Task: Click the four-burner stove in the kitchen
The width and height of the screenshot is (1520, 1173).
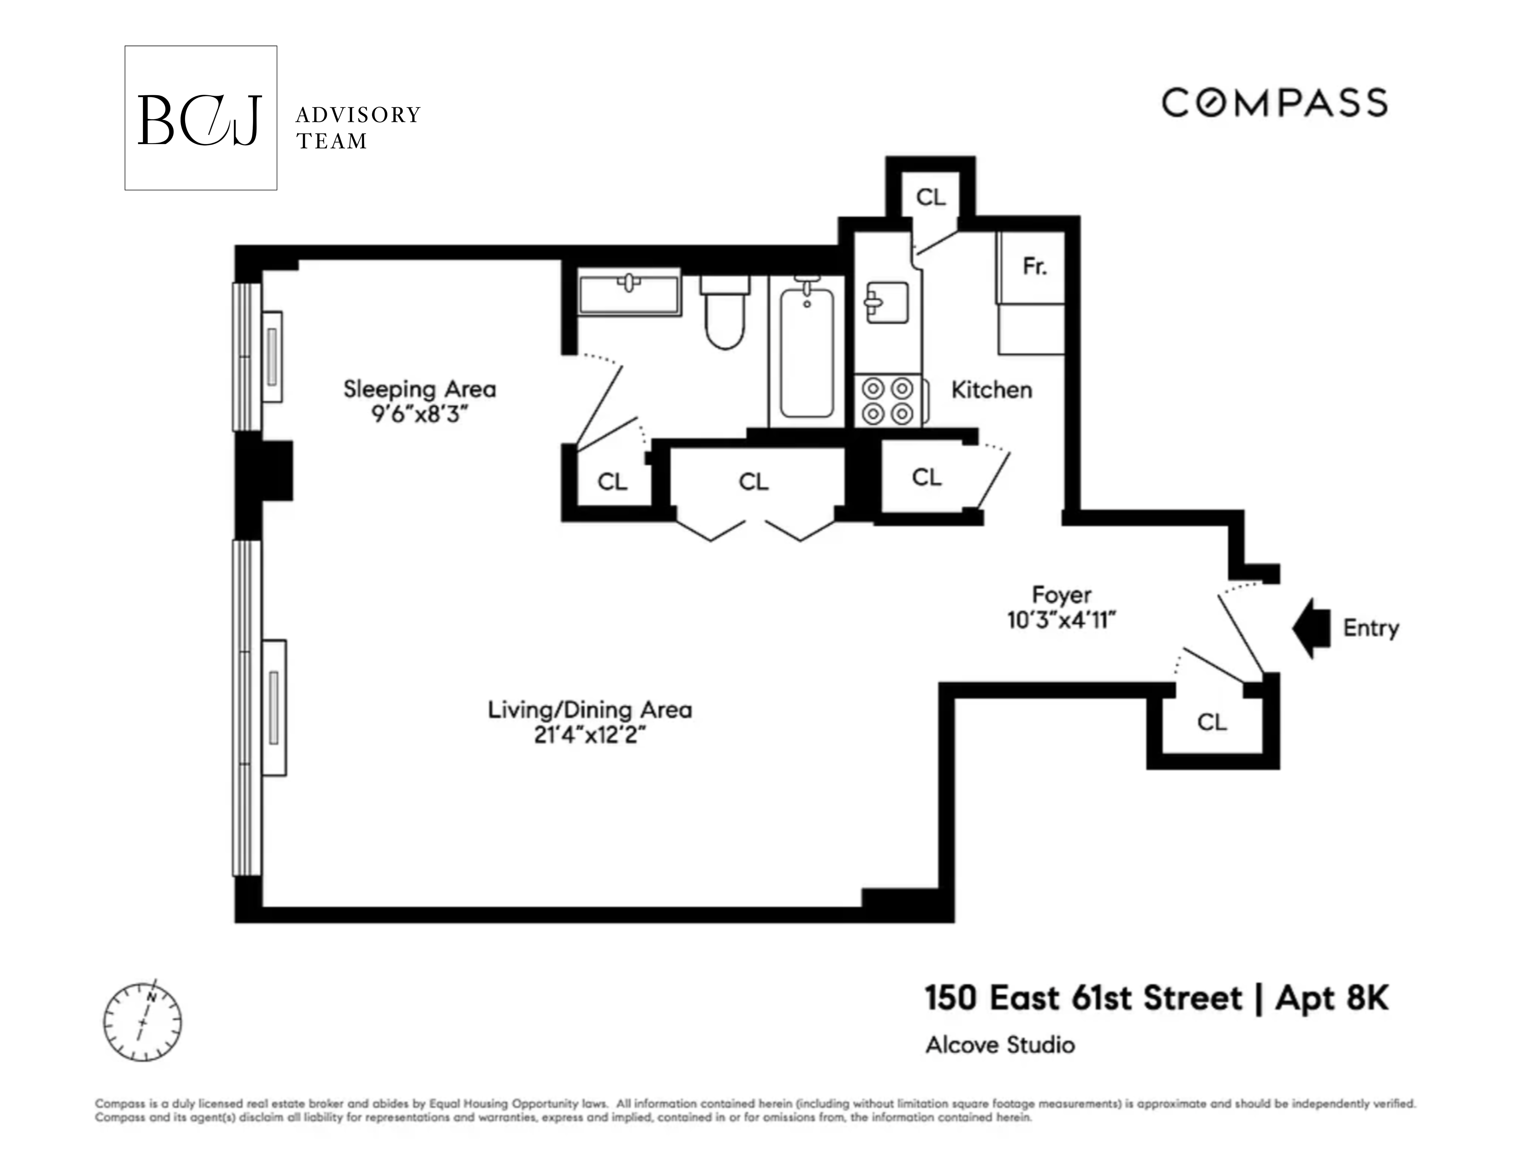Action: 888,401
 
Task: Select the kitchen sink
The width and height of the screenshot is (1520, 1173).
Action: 886,302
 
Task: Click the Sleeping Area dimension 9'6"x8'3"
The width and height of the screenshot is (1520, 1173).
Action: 419,414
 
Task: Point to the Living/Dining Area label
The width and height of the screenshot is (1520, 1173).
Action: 589,710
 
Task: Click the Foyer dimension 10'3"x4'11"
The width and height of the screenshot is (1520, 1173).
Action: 1061,619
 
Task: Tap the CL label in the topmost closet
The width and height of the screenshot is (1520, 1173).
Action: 931,198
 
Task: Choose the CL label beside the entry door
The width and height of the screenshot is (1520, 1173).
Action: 1212,723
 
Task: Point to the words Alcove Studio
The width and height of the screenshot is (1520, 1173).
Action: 1000,1045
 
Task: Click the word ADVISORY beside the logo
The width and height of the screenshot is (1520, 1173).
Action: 358,115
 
